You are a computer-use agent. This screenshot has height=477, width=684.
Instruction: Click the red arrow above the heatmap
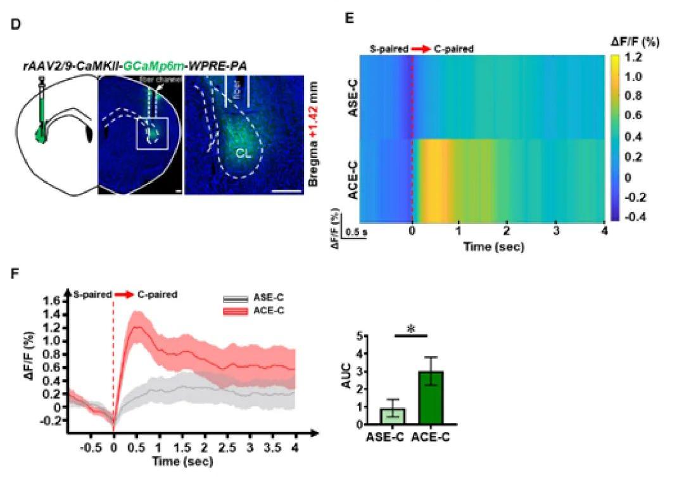[419, 48]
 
